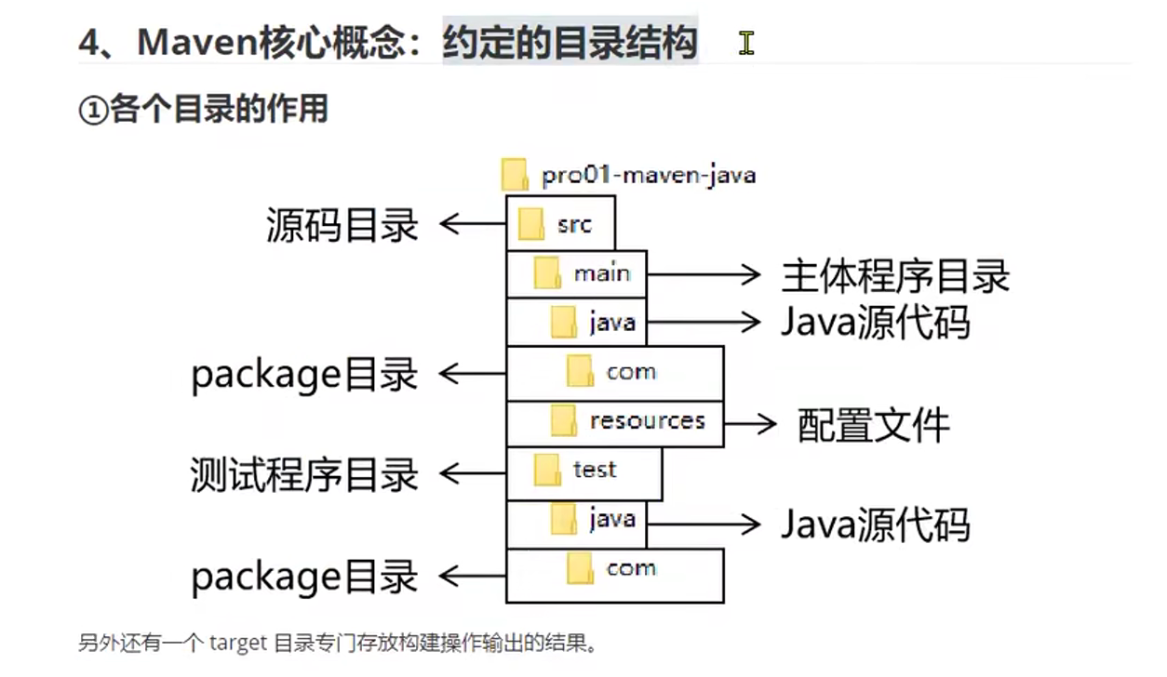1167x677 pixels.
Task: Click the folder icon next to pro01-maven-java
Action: click(x=515, y=174)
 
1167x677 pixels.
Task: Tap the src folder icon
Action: click(x=530, y=224)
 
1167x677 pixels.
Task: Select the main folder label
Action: click(x=602, y=273)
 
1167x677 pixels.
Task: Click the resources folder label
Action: click(x=648, y=420)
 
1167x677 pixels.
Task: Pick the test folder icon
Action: click(x=547, y=471)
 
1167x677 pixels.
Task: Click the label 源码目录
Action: click(x=342, y=225)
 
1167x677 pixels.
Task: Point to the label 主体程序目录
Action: click(x=895, y=275)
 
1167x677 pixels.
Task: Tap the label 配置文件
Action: click(x=874, y=425)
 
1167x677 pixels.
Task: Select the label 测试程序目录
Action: click(x=304, y=474)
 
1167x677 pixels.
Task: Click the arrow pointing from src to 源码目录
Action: click(x=473, y=224)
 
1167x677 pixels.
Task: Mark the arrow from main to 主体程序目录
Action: click(x=704, y=274)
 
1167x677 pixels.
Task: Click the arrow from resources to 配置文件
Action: click(x=750, y=424)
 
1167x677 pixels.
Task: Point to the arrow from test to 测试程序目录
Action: click(x=473, y=473)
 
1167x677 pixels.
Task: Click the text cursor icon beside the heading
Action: click(x=746, y=43)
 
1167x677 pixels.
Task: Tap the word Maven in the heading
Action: click(x=197, y=42)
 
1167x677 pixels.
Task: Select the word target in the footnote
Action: click(x=238, y=644)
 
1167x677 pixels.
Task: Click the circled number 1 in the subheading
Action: click(x=93, y=110)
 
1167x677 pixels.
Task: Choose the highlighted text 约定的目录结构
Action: click(x=570, y=42)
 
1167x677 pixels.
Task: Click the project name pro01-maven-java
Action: click(x=649, y=176)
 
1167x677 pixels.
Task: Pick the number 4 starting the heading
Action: click(x=88, y=43)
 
